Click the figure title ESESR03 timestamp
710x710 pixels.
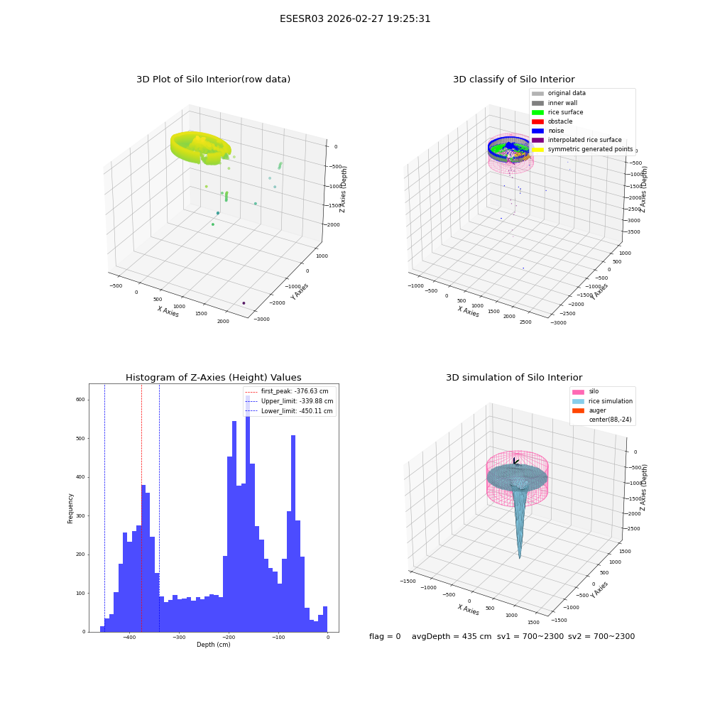pyautogui.click(x=355, y=19)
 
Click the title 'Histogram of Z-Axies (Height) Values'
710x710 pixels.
pyautogui.click(x=213, y=378)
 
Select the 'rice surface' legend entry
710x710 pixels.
pyautogui.click(x=557, y=112)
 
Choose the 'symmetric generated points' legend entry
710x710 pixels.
pyautogui.click(x=582, y=149)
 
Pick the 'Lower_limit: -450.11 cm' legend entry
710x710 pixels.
pyautogui.click(x=289, y=411)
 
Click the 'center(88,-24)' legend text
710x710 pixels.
pyautogui.click(x=610, y=420)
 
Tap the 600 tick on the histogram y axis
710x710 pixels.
pyautogui.click(x=80, y=400)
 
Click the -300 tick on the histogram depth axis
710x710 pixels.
pyautogui.click(x=179, y=637)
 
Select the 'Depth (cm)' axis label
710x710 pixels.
pyautogui.click(x=213, y=645)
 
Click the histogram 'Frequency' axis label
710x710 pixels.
pyautogui.click(x=70, y=508)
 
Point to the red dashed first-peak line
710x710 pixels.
pyautogui.click(x=142, y=508)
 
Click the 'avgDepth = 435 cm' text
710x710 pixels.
pyautogui.click(x=452, y=636)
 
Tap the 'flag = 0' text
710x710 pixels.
pyautogui.click(x=385, y=636)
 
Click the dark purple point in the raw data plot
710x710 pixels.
pyautogui.click(x=244, y=303)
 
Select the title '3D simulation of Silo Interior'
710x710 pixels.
pyautogui.click(x=514, y=378)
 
